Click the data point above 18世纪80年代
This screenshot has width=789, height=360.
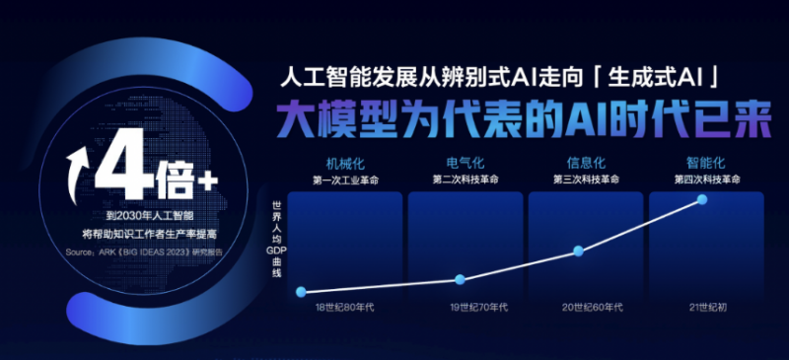301,291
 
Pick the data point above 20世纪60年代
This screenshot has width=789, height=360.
578,251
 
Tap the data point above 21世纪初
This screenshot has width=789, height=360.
702,199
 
